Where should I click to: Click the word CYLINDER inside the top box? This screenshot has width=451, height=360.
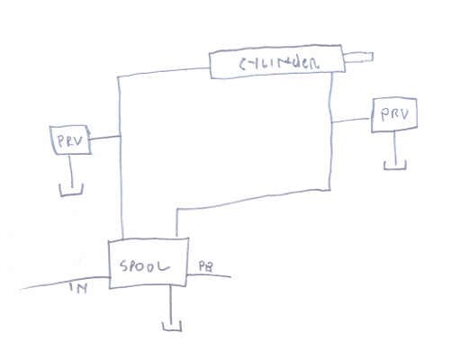point(279,62)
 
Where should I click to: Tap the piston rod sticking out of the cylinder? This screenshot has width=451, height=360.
point(358,58)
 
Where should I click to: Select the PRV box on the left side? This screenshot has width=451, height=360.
point(71,140)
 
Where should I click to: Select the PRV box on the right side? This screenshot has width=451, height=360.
point(394,115)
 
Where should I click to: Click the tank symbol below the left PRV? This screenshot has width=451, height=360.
point(71,190)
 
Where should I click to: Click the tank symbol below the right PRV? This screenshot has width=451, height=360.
point(395,166)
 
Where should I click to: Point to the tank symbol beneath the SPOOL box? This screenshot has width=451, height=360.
point(172,327)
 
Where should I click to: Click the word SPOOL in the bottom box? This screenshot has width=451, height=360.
point(144,266)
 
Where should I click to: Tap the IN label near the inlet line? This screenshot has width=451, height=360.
point(78,287)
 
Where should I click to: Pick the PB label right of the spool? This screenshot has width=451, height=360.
point(206,266)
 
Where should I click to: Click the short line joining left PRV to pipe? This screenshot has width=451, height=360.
point(105,138)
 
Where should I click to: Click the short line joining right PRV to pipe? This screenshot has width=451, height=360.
point(351,121)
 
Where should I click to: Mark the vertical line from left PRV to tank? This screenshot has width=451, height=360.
point(71,170)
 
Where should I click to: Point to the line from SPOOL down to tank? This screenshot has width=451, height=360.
point(171,304)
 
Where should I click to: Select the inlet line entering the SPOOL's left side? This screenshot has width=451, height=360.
point(65,283)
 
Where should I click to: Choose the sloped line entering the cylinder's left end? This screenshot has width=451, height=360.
point(164,72)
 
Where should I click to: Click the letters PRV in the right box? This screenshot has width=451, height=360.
point(394,114)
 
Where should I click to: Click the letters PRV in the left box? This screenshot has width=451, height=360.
point(70,141)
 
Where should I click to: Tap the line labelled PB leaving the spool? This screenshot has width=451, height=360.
point(209,275)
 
